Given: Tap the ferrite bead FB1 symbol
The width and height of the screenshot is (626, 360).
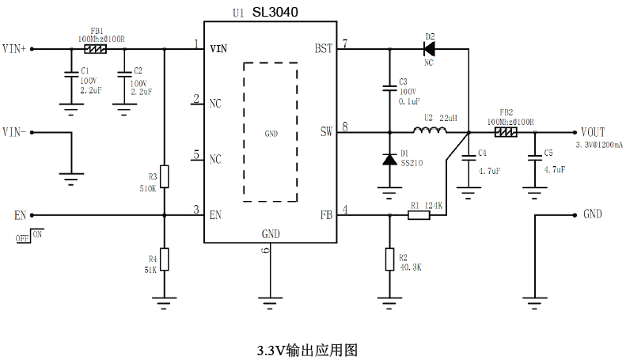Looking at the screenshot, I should pos(96,49).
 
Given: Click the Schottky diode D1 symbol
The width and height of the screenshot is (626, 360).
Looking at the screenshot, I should pos(389,159).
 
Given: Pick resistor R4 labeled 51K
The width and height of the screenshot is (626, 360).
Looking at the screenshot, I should pos(164,260).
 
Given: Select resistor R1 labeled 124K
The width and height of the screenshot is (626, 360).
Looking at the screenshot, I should pos(419,214).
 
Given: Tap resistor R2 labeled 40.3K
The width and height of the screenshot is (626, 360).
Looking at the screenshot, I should pos(389,260).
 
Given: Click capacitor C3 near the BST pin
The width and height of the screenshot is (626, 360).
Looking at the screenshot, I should pos(389,89).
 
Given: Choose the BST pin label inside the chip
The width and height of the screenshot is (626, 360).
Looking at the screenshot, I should pos(323,49).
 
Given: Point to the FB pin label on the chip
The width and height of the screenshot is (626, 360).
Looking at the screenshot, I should pos(325,214).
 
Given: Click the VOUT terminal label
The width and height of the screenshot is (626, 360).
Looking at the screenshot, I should pos(593,131).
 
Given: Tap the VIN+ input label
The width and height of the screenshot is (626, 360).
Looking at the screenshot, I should pos(15,49).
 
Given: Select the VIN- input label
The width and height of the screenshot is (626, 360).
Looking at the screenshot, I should pos(15,131).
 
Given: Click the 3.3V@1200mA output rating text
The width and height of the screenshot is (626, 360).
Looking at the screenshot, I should pos(598,145).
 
